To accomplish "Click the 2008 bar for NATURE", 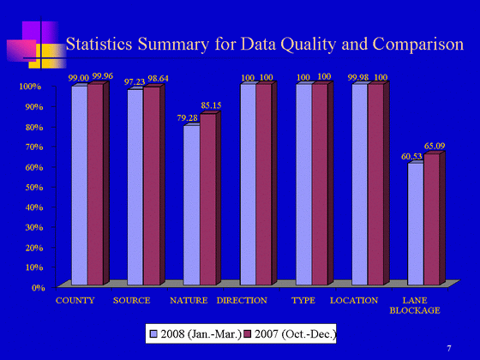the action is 192,205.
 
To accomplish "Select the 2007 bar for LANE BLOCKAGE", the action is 432,219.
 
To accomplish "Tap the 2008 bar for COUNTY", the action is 80,185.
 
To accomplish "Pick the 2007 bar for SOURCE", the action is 152,186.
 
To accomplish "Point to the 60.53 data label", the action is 411,157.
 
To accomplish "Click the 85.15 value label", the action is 211,105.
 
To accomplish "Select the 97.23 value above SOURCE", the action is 135,82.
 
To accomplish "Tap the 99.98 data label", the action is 358,78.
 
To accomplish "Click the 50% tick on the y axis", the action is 34,187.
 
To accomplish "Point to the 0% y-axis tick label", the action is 39,288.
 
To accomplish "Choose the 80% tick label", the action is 34,127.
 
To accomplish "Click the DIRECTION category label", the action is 242,301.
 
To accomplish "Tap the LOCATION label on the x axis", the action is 354,301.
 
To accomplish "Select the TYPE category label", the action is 303,301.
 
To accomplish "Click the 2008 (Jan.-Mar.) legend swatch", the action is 153,334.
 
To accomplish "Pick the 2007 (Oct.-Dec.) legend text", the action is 296,334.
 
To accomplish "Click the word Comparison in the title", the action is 418,44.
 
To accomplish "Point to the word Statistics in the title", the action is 99,44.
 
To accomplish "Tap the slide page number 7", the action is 449,348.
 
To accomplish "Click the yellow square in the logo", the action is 47,56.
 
